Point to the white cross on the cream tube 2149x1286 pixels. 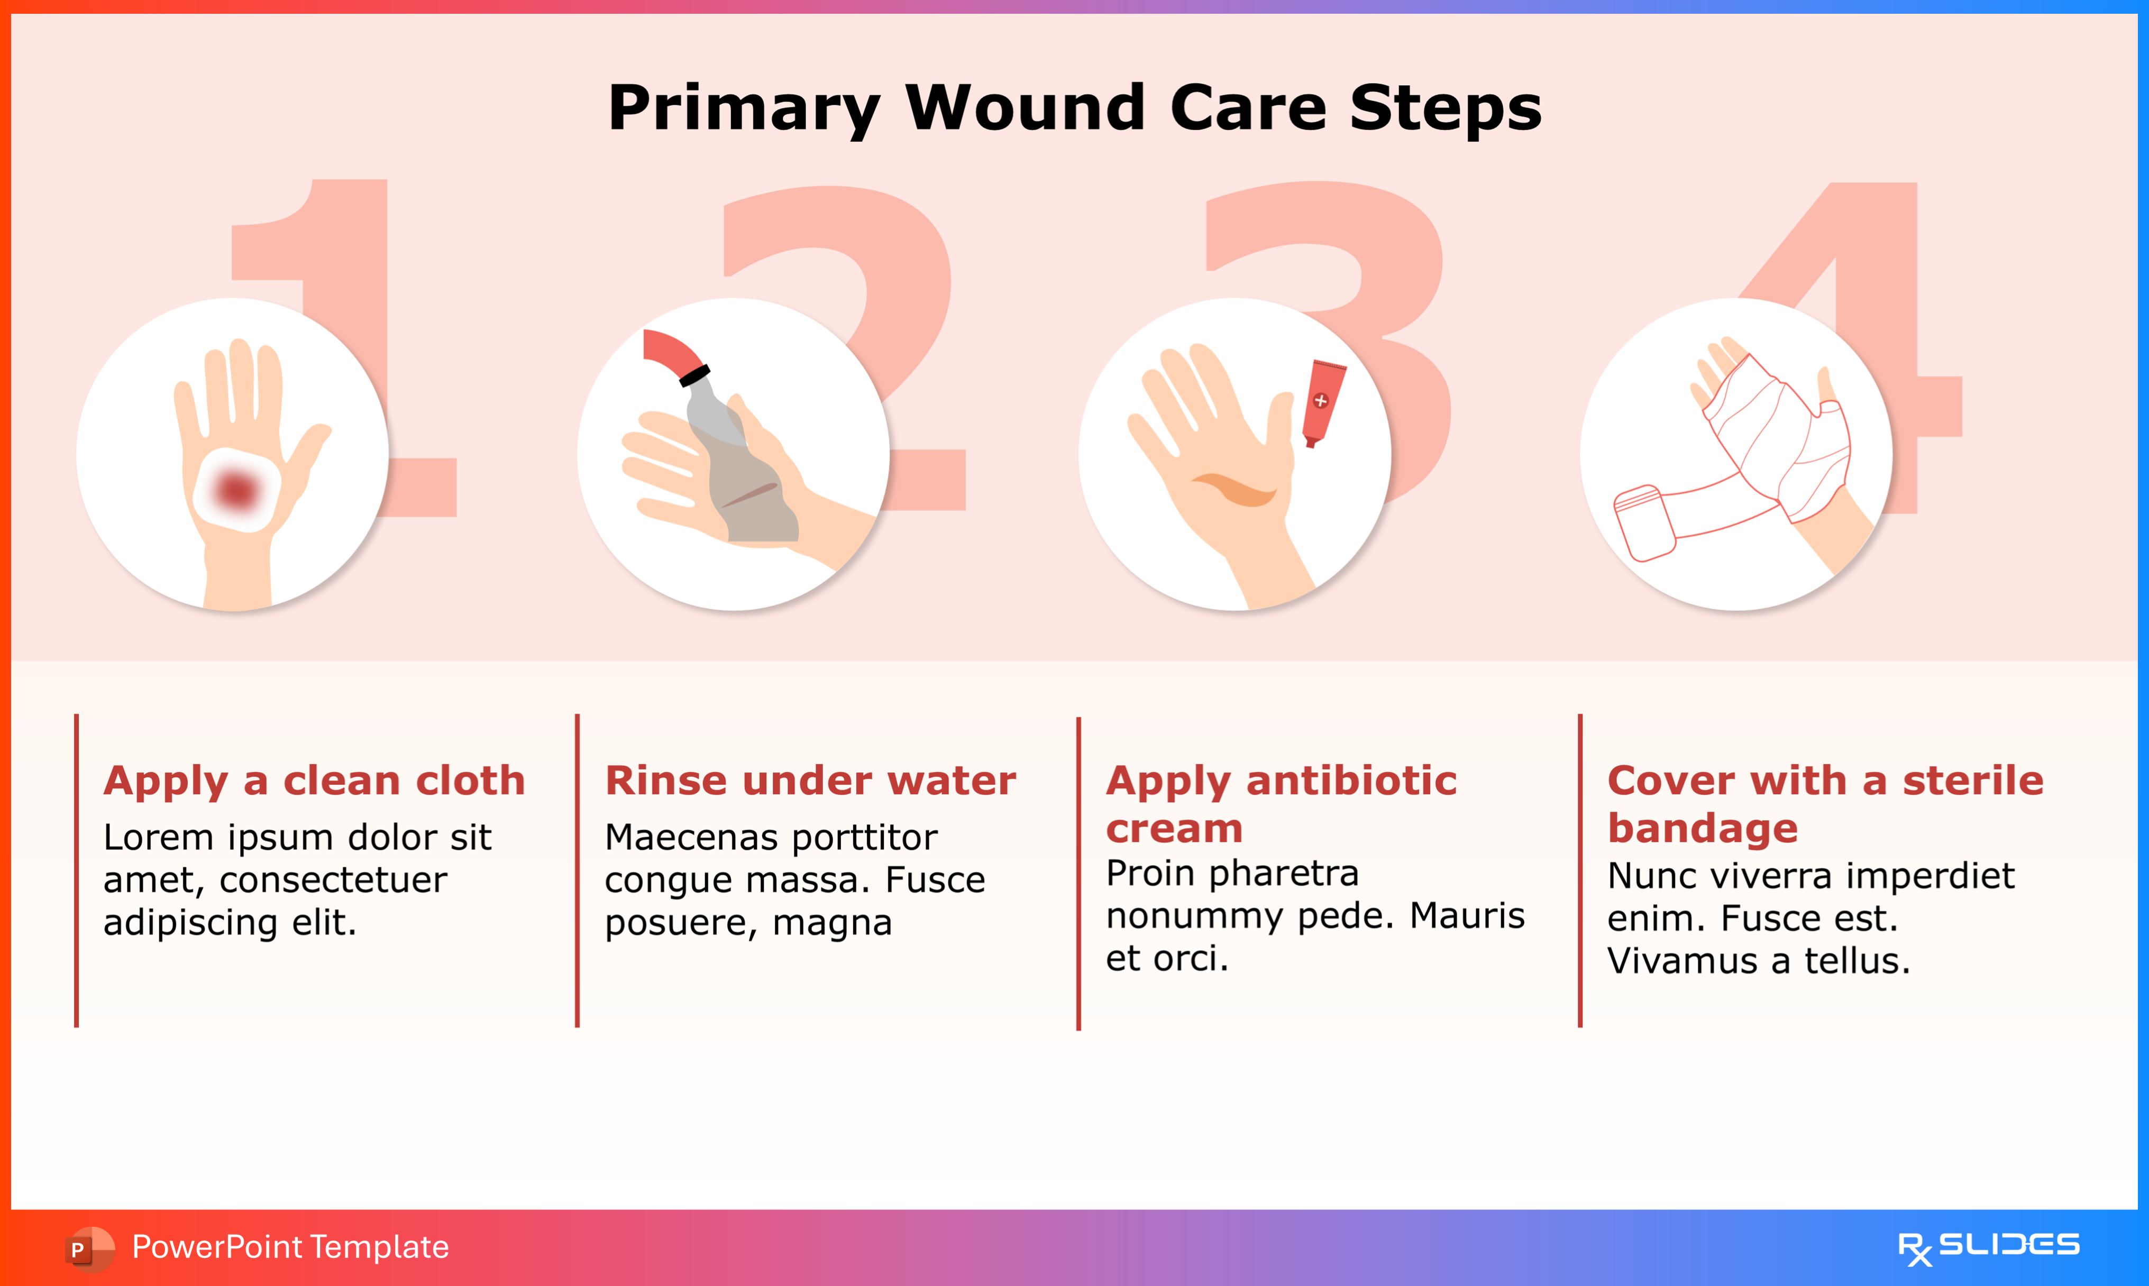(x=1321, y=400)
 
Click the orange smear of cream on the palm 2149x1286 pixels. (x=1235, y=490)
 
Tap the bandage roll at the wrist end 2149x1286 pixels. (x=1643, y=522)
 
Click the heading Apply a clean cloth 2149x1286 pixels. (x=314, y=781)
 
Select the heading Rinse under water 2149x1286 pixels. (x=810, y=781)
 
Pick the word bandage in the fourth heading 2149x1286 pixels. (x=1702, y=829)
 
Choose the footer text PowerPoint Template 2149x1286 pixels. (x=290, y=1247)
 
